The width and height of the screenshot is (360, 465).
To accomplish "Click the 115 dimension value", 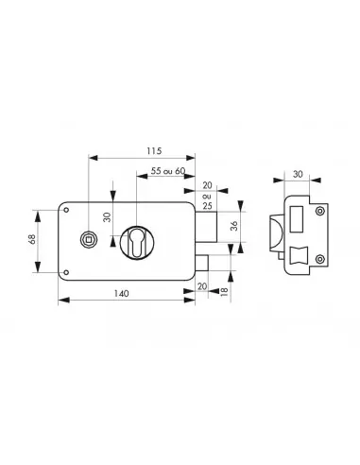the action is tap(154, 151).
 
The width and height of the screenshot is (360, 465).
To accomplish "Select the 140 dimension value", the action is tap(121, 294).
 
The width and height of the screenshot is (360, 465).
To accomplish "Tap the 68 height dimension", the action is tap(32, 239).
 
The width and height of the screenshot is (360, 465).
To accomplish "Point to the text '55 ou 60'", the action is tap(168, 171).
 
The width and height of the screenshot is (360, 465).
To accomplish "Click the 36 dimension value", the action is tap(234, 226).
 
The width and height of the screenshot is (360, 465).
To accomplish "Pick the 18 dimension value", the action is tap(224, 291).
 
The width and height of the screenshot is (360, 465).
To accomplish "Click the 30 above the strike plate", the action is tap(298, 174).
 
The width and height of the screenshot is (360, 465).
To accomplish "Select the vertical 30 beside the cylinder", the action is tap(108, 217).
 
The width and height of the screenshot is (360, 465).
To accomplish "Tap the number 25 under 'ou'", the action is tap(207, 206).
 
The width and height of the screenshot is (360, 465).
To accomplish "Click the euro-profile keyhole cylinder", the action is tap(136, 243).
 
